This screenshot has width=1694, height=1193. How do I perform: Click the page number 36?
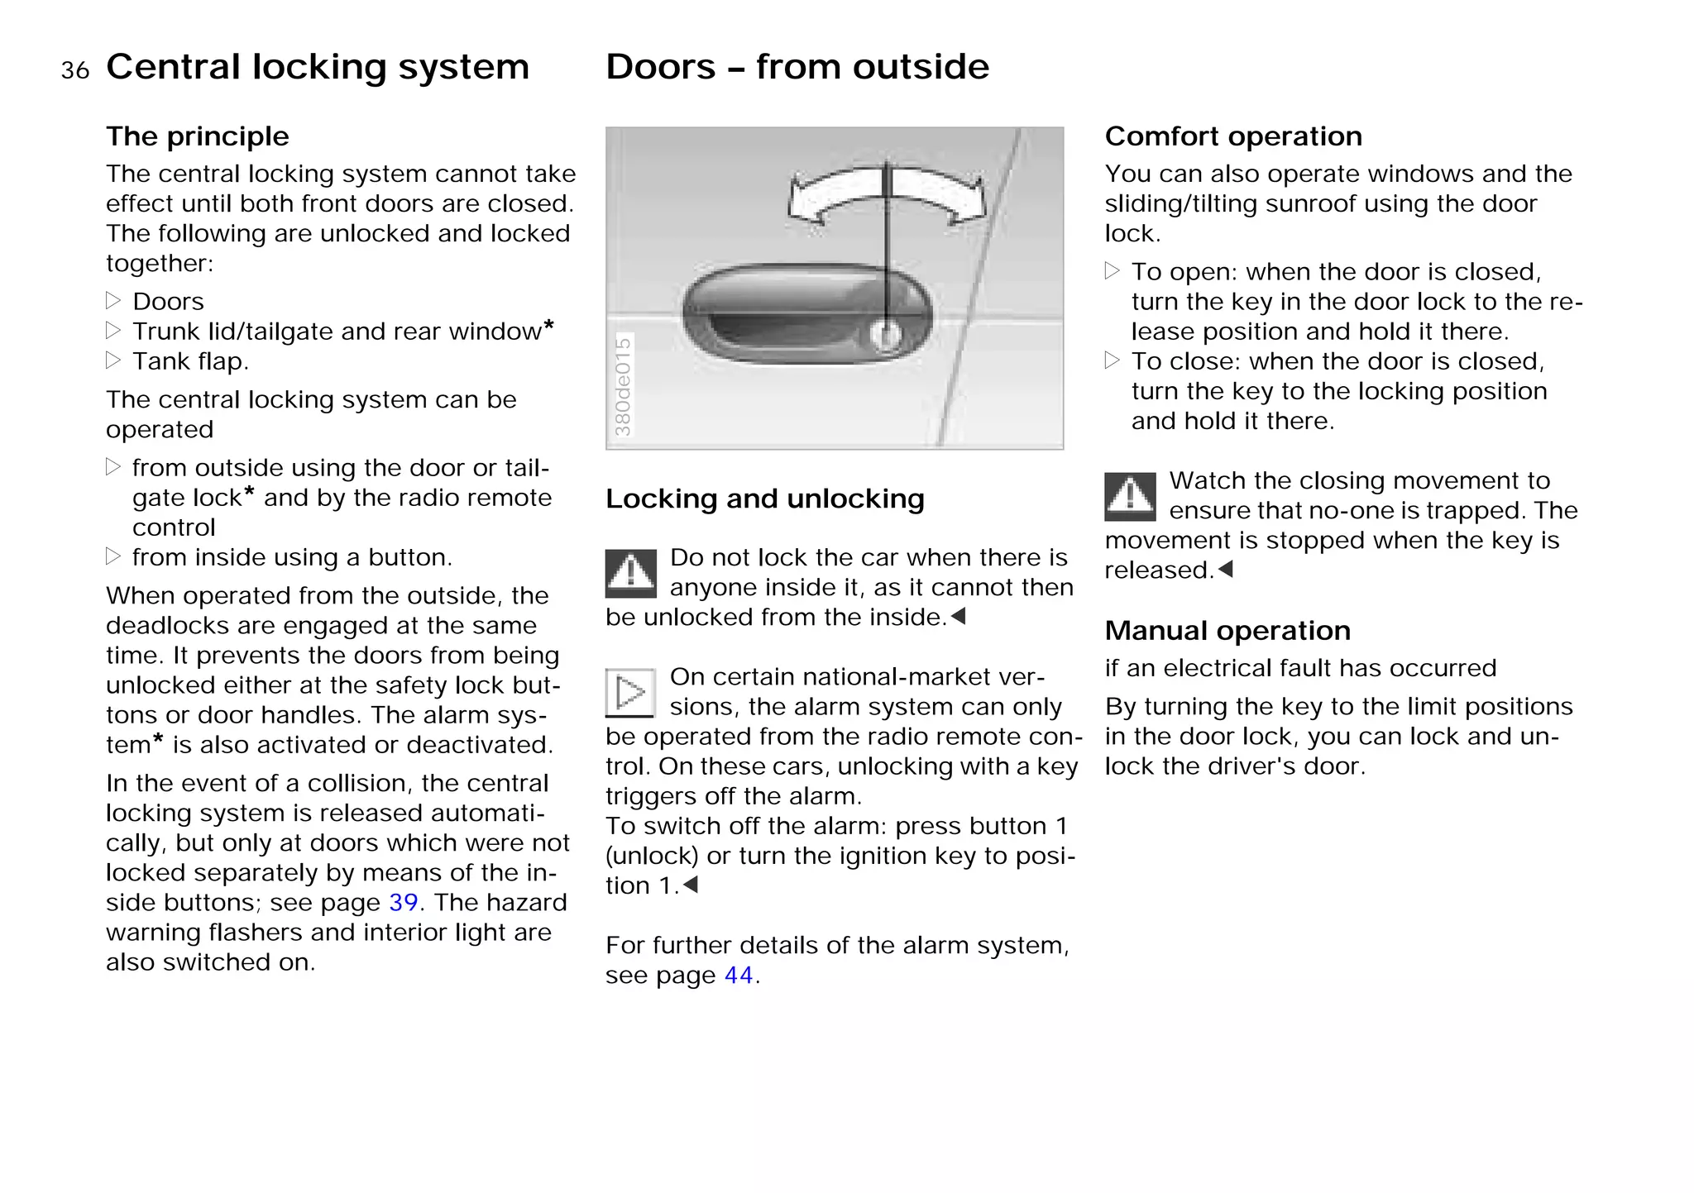pyautogui.click(x=74, y=71)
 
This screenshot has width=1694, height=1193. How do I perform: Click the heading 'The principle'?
pyautogui.click(x=197, y=136)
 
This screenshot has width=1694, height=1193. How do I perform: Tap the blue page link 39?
pyautogui.click(x=403, y=902)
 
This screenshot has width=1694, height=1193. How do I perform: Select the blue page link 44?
pyautogui.click(x=739, y=976)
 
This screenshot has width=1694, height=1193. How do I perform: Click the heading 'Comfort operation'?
pyautogui.click(x=1232, y=136)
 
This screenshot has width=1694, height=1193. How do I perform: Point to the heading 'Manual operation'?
pyautogui.click(x=1227, y=631)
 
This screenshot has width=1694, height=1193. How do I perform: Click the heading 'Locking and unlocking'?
pyautogui.click(x=764, y=499)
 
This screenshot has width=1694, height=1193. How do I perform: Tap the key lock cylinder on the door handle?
pyautogui.click(x=886, y=336)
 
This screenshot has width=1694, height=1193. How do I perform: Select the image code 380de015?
pyautogui.click(x=623, y=386)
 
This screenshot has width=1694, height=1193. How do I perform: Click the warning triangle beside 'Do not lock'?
pyautogui.click(x=631, y=573)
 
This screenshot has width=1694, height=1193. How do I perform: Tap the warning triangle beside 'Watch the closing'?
pyautogui.click(x=1130, y=496)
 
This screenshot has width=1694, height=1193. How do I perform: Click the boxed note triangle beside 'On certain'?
pyautogui.click(x=630, y=692)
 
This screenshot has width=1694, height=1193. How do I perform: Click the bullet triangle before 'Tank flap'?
pyautogui.click(x=113, y=360)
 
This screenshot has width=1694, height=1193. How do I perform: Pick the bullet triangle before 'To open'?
pyautogui.click(x=1113, y=271)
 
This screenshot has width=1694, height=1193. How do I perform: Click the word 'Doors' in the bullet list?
pyautogui.click(x=168, y=302)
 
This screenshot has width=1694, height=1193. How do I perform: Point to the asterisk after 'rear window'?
pyautogui.click(x=548, y=326)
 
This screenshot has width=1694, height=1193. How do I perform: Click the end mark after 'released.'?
pyautogui.click(x=1226, y=569)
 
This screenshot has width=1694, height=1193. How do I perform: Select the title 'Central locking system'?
pyautogui.click(x=318, y=67)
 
